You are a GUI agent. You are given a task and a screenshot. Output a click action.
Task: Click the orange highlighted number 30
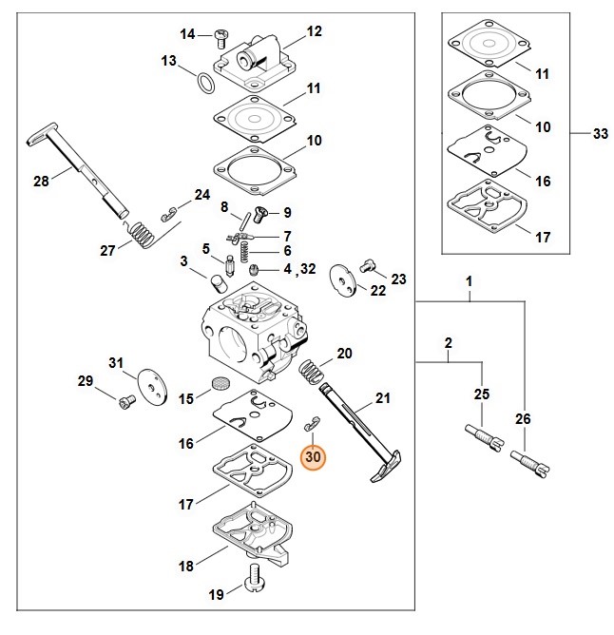pos(314,457)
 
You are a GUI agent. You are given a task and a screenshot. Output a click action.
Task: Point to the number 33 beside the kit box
pos(600,135)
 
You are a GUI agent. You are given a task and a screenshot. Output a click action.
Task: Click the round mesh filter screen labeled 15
pos(221,386)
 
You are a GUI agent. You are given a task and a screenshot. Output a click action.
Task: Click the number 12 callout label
pos(315,31)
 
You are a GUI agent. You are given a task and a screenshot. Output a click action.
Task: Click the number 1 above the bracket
pos(469,282)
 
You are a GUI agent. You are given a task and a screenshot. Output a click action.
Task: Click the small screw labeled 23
pos(369,266)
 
